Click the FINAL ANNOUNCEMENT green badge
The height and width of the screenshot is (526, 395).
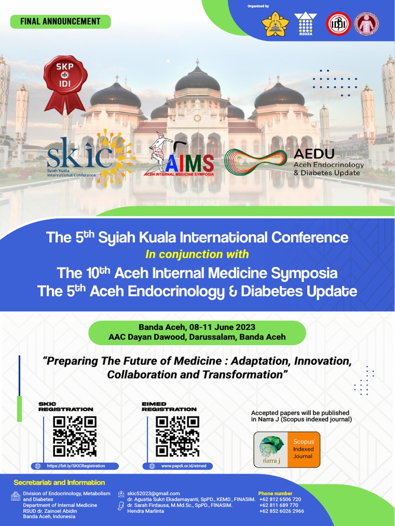(60, 22)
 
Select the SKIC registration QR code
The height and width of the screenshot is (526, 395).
(75, 436)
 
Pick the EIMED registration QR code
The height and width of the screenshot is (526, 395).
(177, 436)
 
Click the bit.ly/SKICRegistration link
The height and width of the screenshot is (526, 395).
(76, 466)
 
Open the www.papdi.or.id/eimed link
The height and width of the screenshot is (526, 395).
(179, 466)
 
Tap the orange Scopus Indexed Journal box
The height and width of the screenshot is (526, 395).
(302, 449)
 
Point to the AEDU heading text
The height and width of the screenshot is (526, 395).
(314, 154)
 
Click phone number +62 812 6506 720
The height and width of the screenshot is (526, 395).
(280, 499)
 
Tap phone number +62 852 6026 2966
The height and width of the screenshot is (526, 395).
(281, 511)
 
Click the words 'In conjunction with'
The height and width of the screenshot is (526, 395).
(197, 254)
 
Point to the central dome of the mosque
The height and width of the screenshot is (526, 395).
(197, 80)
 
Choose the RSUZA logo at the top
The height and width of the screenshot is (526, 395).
(306, 24)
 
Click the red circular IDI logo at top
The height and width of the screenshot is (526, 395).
(338, 24)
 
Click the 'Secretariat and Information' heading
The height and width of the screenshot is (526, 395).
(59, 482)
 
